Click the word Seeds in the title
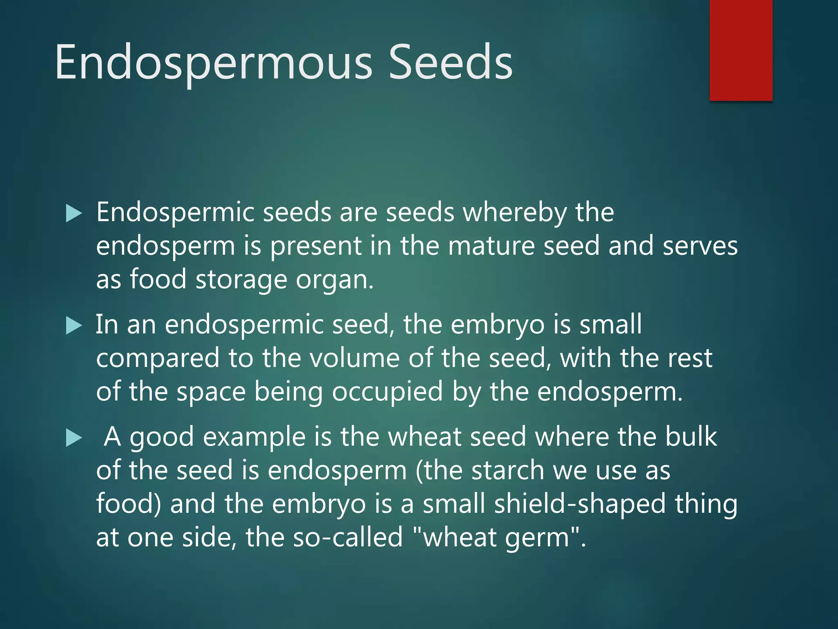[450, 62]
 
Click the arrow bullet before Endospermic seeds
[74, 214]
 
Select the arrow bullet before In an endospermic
[74, 326]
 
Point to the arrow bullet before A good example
[74, 438]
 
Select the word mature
[491, 247]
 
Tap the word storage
[241, 280]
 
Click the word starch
[507, 470]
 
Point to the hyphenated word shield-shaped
[580, 505]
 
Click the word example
[254, 437]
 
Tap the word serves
[700, 247]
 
